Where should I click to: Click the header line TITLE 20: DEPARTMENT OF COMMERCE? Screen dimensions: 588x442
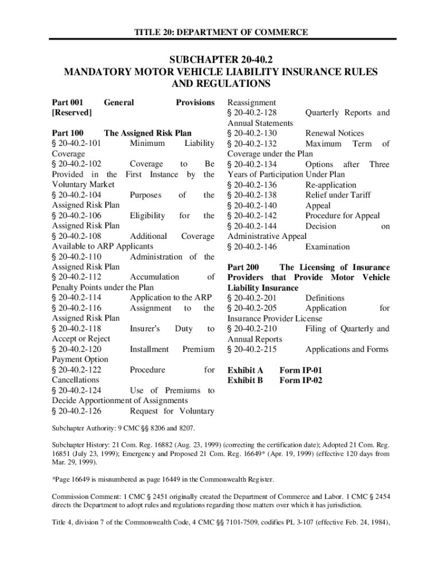tap(221, 32)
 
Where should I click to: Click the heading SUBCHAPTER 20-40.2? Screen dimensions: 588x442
tap(221, 60)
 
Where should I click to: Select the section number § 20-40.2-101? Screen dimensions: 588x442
tap(77, 144)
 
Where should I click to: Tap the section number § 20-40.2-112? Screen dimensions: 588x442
tap(77, 277)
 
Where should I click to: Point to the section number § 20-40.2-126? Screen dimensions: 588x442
tap(77, 411)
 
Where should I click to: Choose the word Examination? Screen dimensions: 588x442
tap(327, 247)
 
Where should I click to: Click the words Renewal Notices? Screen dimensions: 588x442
tap(335, 133)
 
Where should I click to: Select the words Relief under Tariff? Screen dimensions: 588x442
tap(338, 195)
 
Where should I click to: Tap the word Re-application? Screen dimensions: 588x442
tap(331, 185)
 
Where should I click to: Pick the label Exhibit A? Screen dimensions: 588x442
tap(245, 370)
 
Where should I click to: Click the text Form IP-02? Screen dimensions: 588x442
tap(300, 380)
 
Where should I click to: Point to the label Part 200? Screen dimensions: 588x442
tap(243, 268)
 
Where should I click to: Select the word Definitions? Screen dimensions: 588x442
tap(325, 298)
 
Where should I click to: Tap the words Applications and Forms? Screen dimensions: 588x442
tap(347, 349)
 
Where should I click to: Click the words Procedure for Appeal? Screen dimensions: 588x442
tap(342, 216)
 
